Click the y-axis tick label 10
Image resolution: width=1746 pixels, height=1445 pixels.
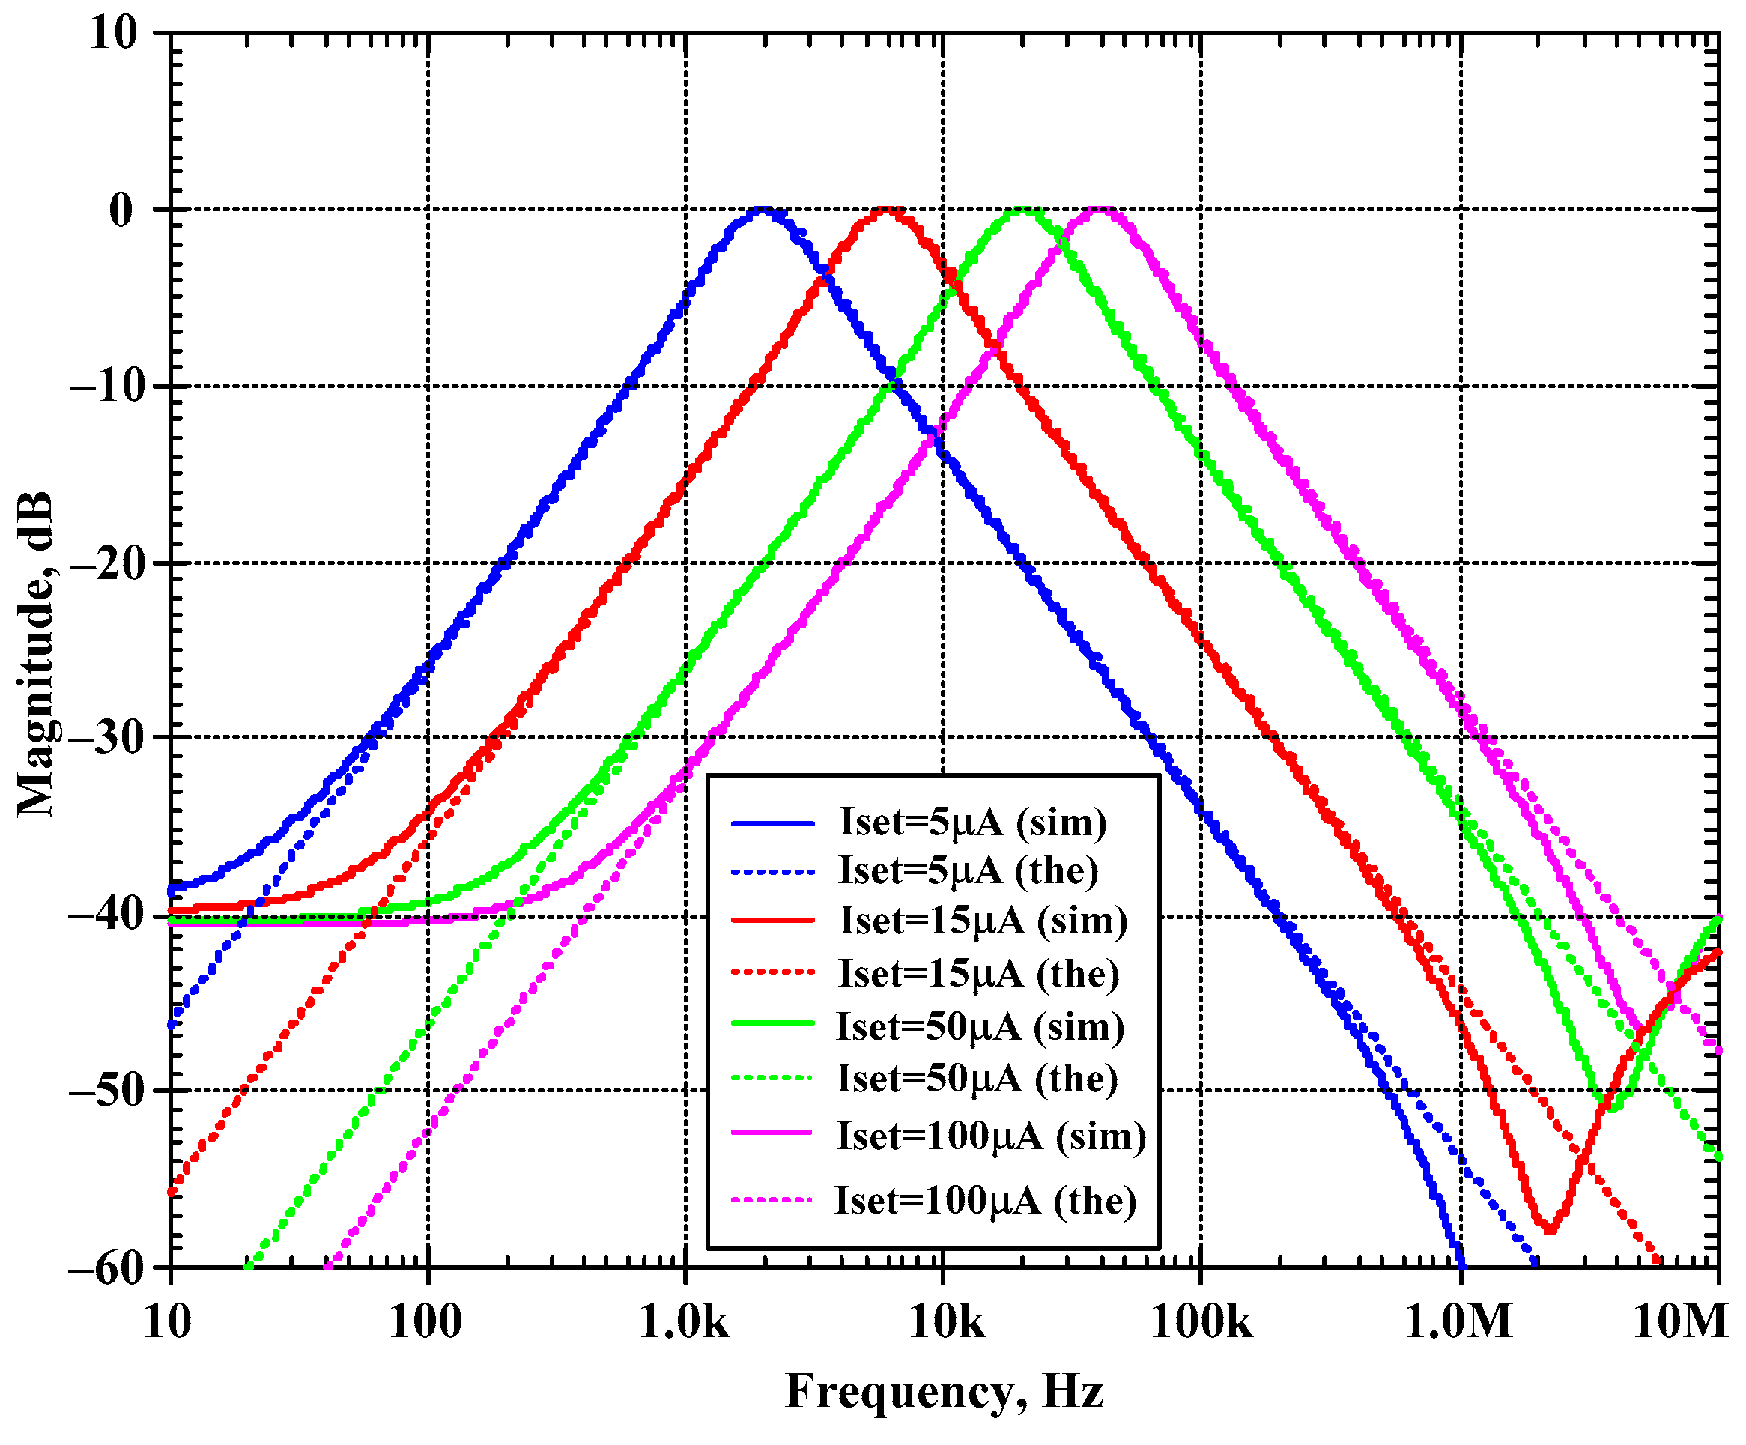[114, 35]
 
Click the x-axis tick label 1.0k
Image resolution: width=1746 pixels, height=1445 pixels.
[685, 1322]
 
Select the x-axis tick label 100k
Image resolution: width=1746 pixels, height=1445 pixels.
[1201, 1322]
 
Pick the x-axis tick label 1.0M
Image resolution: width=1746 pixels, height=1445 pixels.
[1459, 1322]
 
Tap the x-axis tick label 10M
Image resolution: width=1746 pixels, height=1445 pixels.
[1679, 1322]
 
